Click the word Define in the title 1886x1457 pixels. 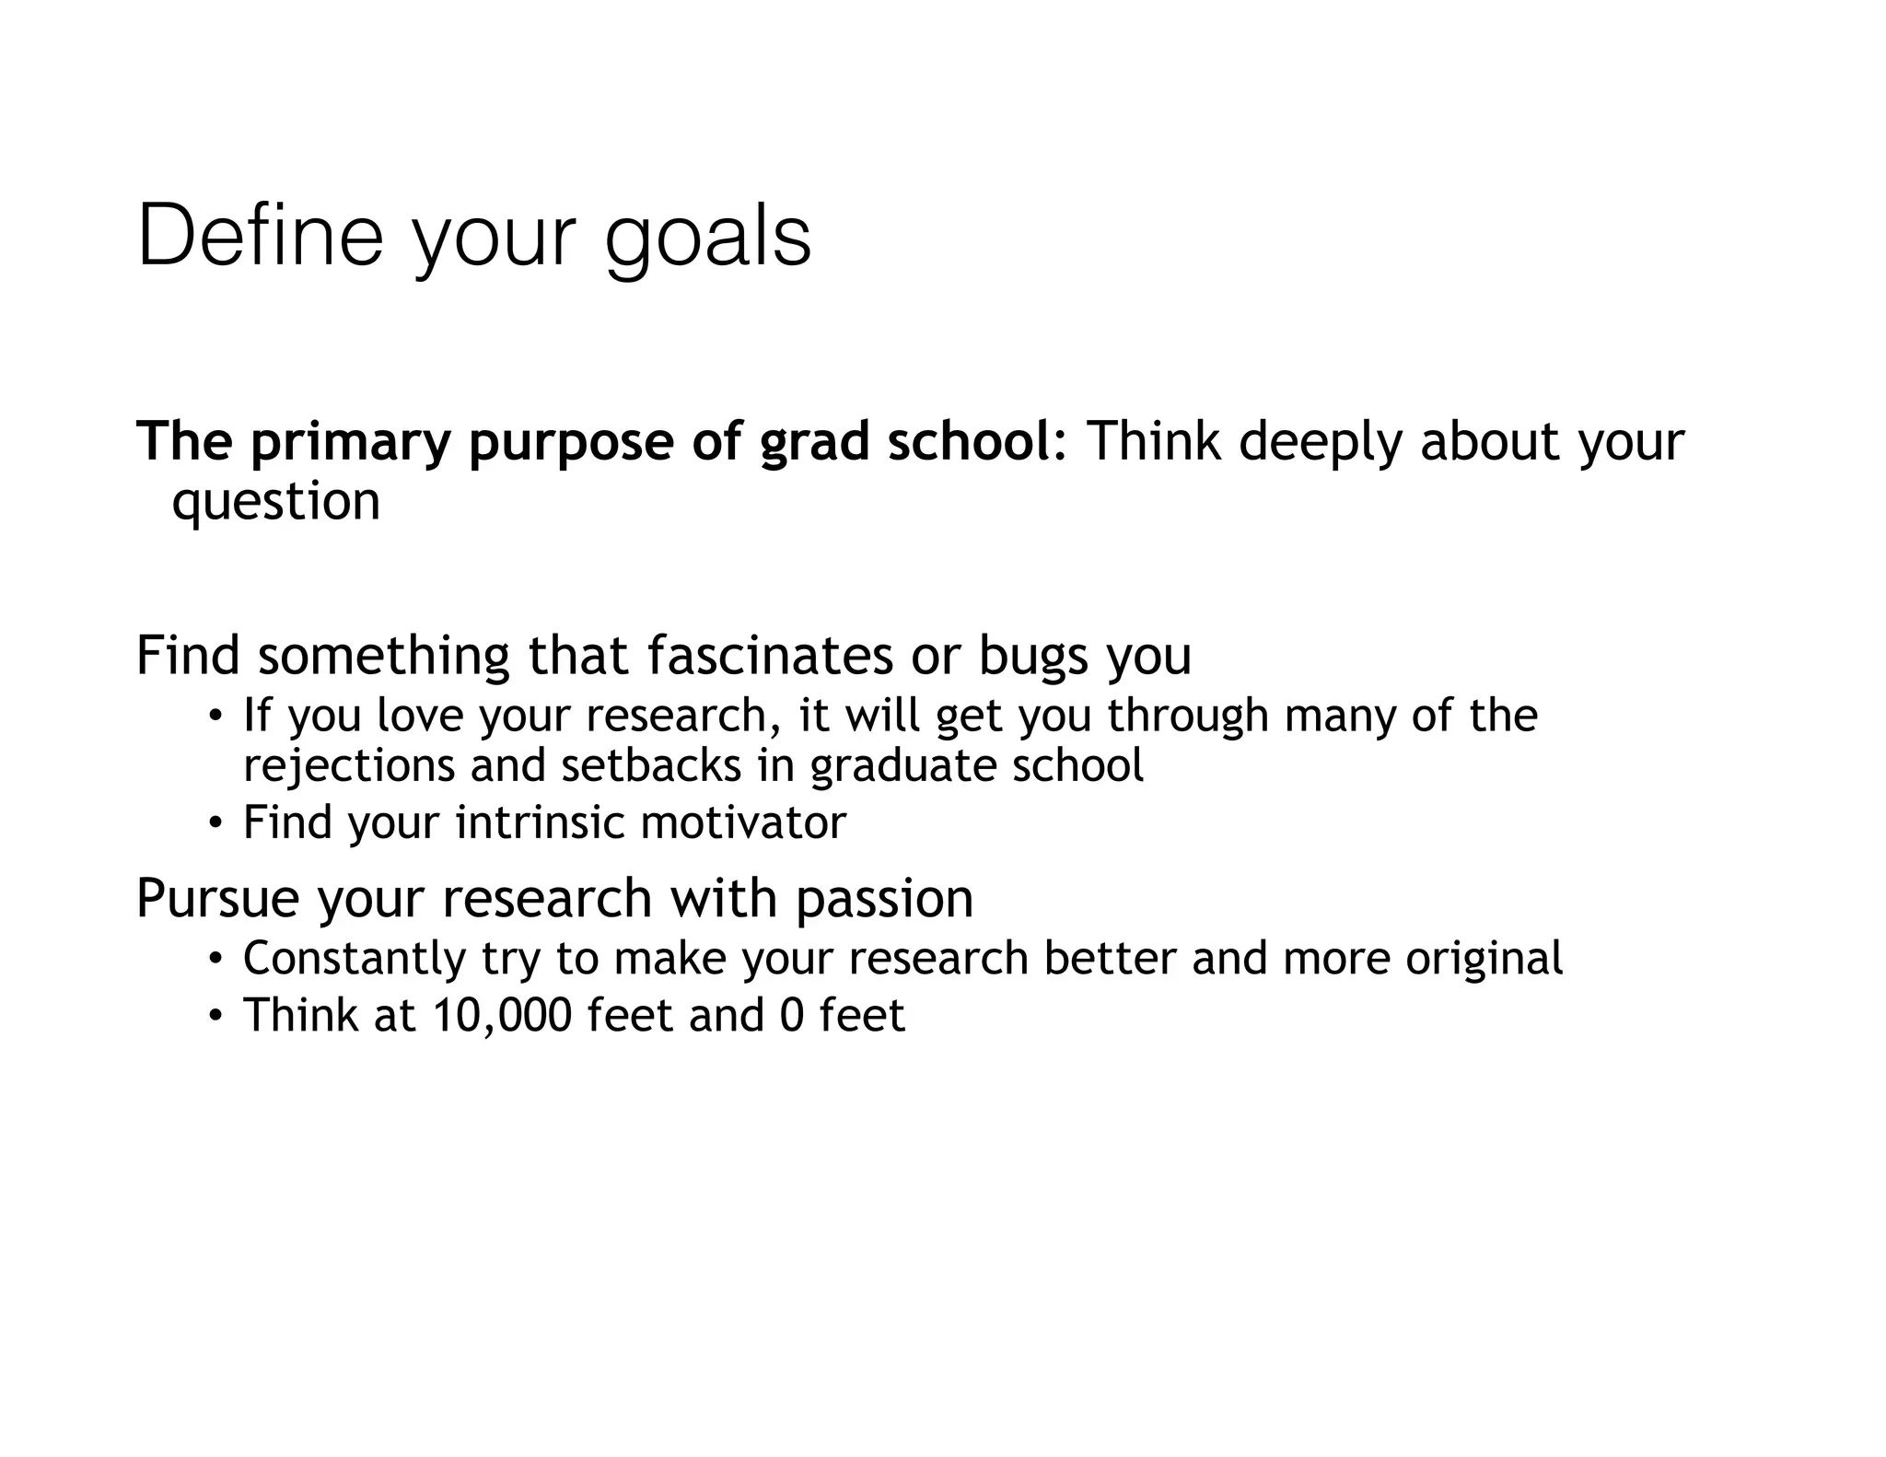[260, 237]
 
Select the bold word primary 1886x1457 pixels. [350, 442]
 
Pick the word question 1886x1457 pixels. [276, 503]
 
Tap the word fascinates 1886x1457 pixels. [770, 656]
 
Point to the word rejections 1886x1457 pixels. [349, 766]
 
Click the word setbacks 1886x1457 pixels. [651, 765]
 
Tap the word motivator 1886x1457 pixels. [743, 822]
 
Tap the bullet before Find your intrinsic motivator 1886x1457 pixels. [215, 823]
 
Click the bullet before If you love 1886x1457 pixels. [215, 717]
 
